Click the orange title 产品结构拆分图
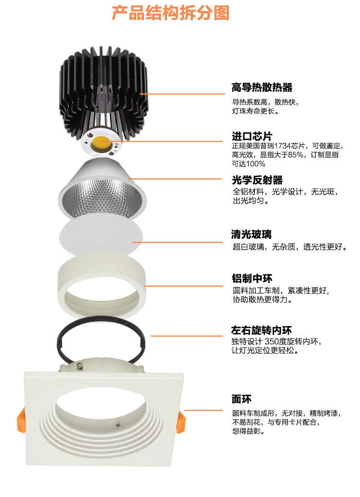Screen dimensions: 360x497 tap(170, 13)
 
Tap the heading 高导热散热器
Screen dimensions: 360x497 tap(262, 87)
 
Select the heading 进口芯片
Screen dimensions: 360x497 tap(252, 136)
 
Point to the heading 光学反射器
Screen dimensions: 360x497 tap(257, 180)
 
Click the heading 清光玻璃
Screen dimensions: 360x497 tap(252, 234)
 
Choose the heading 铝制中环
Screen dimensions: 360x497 tap(252, 279)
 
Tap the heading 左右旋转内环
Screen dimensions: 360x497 tap(262, 330)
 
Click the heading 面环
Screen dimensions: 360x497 tap(241, 399)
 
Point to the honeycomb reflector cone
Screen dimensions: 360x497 tap(102, 189)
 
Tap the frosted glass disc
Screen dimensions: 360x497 tap(101, 236)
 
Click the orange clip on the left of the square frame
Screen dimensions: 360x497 tap(21, 420)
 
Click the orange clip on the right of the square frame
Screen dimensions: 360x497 tap(181, 422)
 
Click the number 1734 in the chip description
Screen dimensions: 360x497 tap(283, 146)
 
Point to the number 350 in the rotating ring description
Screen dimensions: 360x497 tap(271, 341)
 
